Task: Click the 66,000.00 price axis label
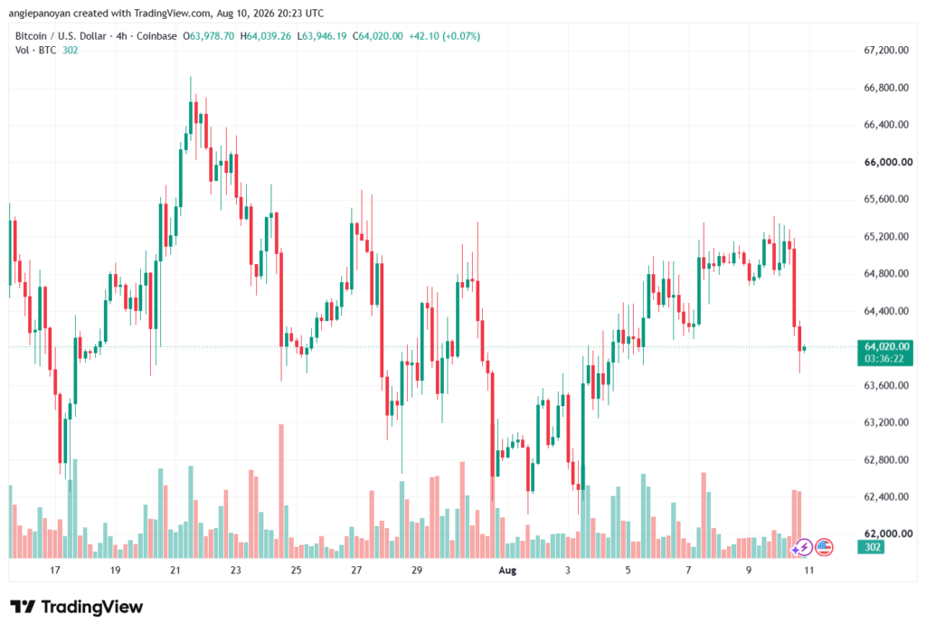[888, 162]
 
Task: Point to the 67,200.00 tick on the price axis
[886, 51]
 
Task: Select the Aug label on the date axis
[507, 570]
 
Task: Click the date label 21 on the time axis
[175, 570]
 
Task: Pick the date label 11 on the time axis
[809, 570]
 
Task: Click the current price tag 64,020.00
[886, 346]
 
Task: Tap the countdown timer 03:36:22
[884, 359]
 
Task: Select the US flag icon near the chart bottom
[824, 548]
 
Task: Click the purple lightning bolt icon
[802, 548]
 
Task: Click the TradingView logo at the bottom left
[76, 607]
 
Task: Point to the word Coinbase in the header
[156, 36]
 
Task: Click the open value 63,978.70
[212, 36]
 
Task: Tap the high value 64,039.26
[269, 36]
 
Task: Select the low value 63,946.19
[325, 36]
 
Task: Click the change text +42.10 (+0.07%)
[445, 36]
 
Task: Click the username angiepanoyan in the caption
[40, 13]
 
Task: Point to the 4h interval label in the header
[122, 36]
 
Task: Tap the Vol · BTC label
[35, 51]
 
